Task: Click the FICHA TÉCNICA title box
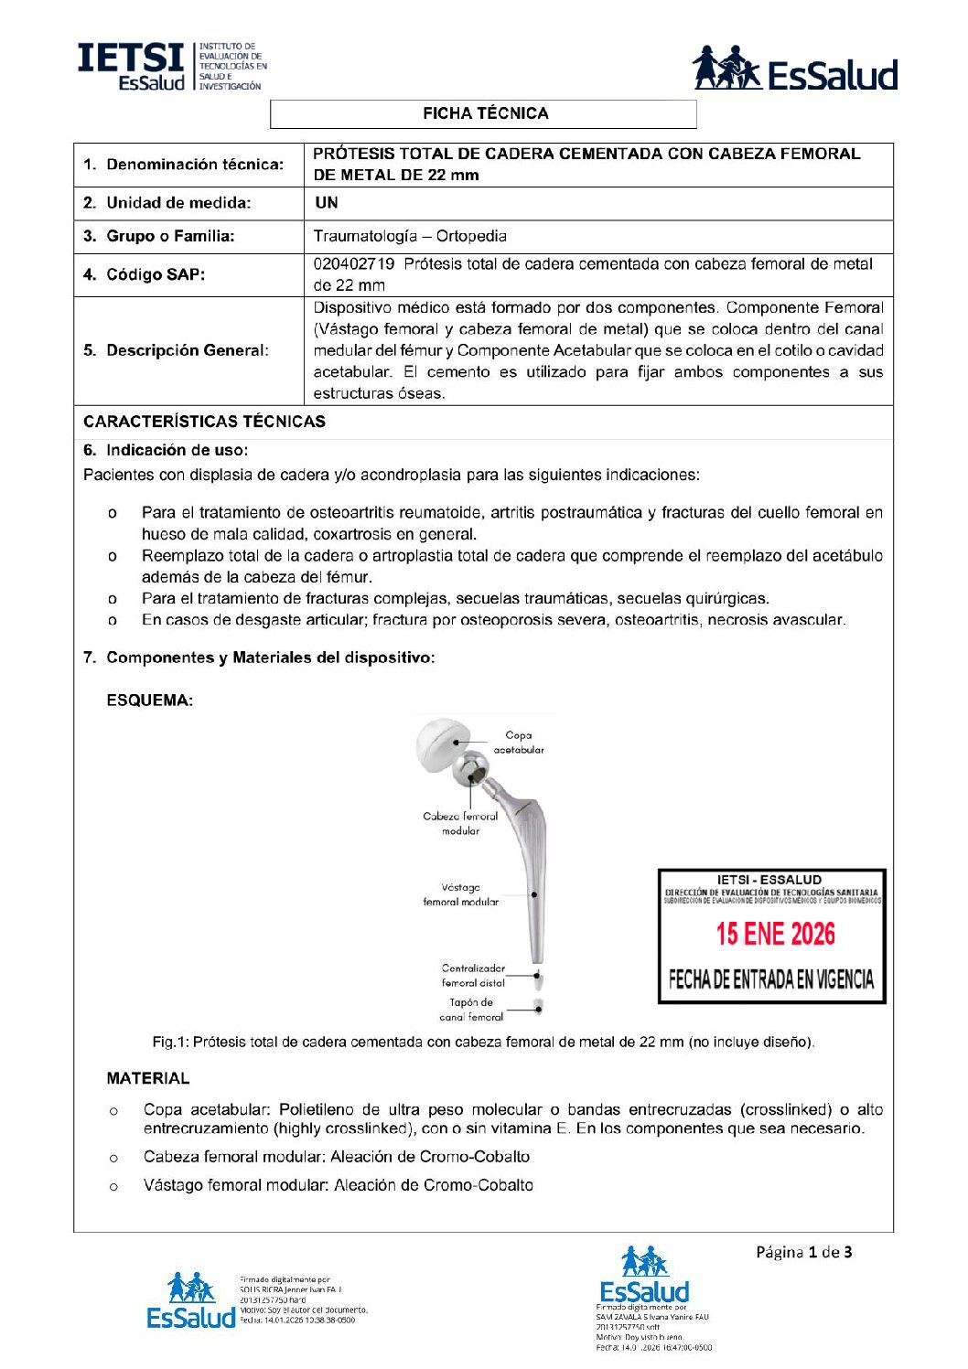(484, 113)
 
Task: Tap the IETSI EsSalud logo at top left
(170, 66)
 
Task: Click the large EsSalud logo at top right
(794, 70)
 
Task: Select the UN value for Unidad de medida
(326, 203)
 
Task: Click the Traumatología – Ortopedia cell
(410, 236)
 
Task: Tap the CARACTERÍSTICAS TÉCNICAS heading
(204, 422)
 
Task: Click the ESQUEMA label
(150, 701)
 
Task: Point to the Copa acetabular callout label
(519, 743)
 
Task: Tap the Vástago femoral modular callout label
(460, 894)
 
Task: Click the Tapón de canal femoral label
(471, 1010)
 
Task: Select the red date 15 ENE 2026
(775, 934)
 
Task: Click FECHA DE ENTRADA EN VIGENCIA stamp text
(771, 980)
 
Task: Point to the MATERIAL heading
(148, 1078)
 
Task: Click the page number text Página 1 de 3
(803, 1252)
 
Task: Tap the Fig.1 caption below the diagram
(483, 1042)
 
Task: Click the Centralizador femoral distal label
(473, 975)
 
